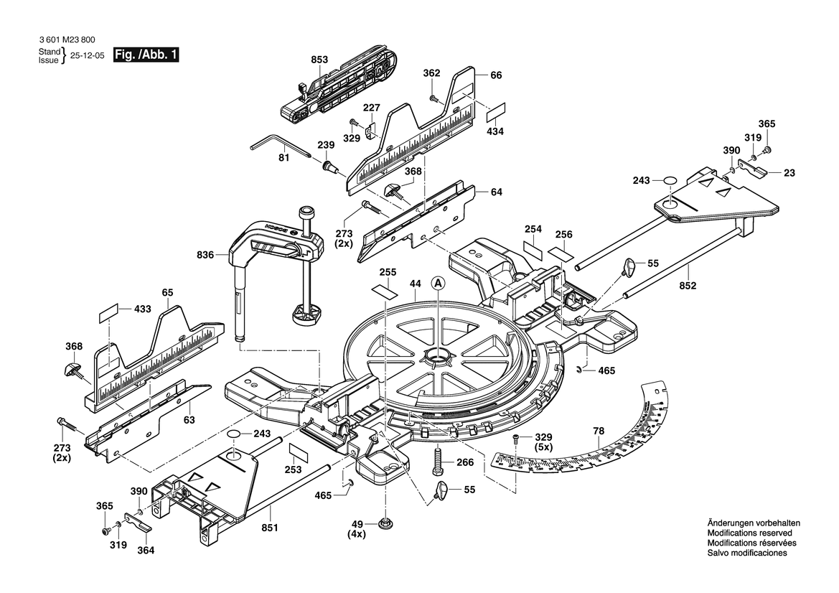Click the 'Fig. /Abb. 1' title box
146,55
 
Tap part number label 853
320,60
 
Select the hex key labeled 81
279,149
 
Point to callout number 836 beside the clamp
205,254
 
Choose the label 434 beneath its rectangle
495,131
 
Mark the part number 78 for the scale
599,431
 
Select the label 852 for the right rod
688,286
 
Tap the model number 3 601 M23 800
65,40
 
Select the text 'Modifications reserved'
749,533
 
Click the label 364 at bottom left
146,551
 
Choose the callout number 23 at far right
789,172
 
